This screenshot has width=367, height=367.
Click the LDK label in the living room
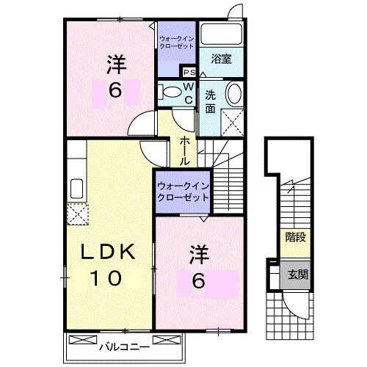(x=108, y=252)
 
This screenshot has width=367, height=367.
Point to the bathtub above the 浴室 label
(x=222, y=35)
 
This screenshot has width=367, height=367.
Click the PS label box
(x=189, y=72)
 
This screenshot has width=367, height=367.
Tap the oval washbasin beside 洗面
(x=233, y=94)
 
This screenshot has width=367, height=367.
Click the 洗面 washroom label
(x=211, y=101)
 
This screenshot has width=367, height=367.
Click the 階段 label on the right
(x=295, y=236)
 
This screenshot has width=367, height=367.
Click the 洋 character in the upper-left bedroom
(x=115, y=64)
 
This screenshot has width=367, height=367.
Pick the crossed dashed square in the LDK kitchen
(x=77, y=214)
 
